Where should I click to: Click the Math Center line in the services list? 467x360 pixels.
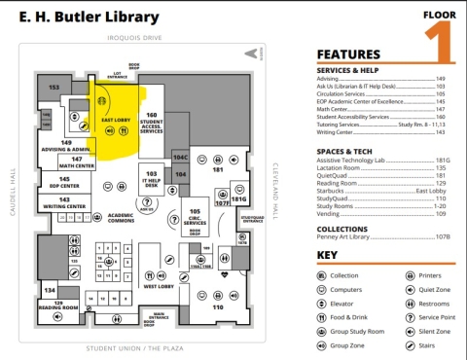336,110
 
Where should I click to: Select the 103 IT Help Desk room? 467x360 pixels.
152,179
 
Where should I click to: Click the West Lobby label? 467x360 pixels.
157,288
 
